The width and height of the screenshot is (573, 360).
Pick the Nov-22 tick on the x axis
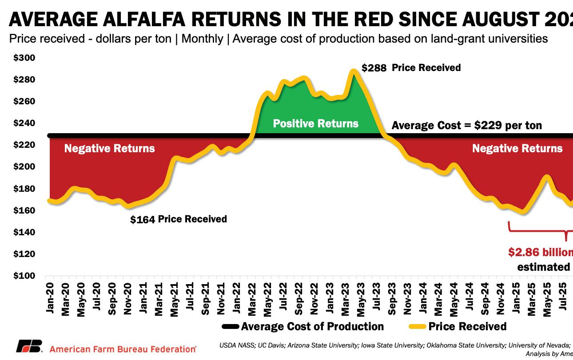(x=314, y=298)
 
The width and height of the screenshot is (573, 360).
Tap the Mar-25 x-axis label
(x=531, y=298)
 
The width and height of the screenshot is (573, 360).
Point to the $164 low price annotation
(x=142, y=219)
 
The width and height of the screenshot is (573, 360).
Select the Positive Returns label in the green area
(x=315, y=123)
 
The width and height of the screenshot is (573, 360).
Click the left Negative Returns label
(x=109, y=148)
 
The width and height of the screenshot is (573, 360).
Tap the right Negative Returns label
(x=517, y=148)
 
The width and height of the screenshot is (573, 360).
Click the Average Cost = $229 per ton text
(x=466, y=126)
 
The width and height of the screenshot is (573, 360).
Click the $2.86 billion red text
(x=540, y=252)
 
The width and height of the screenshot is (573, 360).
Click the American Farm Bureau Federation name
(x=123, y=349)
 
